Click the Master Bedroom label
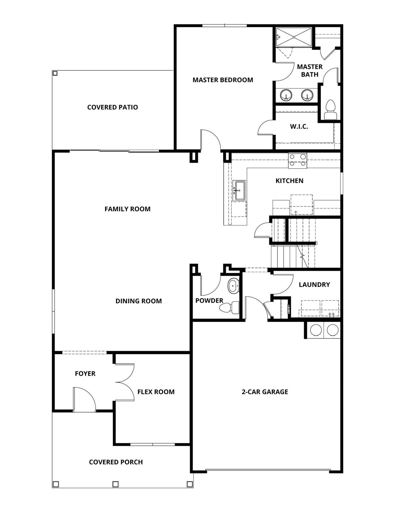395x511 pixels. click(223, 80)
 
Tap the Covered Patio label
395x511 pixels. click(112, 107)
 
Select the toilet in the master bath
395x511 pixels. click(330, 110)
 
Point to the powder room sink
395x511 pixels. click(233, 286)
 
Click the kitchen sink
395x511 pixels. click(239, 191)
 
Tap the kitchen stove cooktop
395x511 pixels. click(297, 160)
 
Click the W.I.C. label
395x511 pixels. click(299, 126)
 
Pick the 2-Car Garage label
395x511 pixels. click(265, 392)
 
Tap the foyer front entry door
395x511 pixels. click(85, 399)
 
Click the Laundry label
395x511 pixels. click(314, 284)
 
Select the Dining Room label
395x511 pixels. click(138, 301)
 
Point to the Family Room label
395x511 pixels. click(127, 209)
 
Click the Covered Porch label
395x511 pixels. click(116, 462)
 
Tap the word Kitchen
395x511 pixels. click(289, 181)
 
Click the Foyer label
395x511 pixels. click(85, 374)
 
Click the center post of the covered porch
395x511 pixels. click(115, 484)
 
